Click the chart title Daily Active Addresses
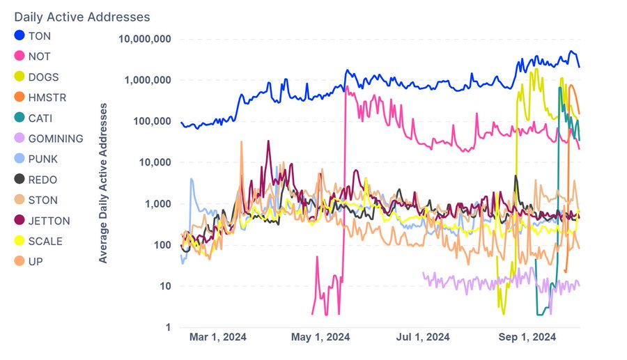82,16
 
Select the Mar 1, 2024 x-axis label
217,338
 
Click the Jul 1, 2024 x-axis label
424,338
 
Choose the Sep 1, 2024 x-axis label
527,338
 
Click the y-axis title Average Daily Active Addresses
103,182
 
